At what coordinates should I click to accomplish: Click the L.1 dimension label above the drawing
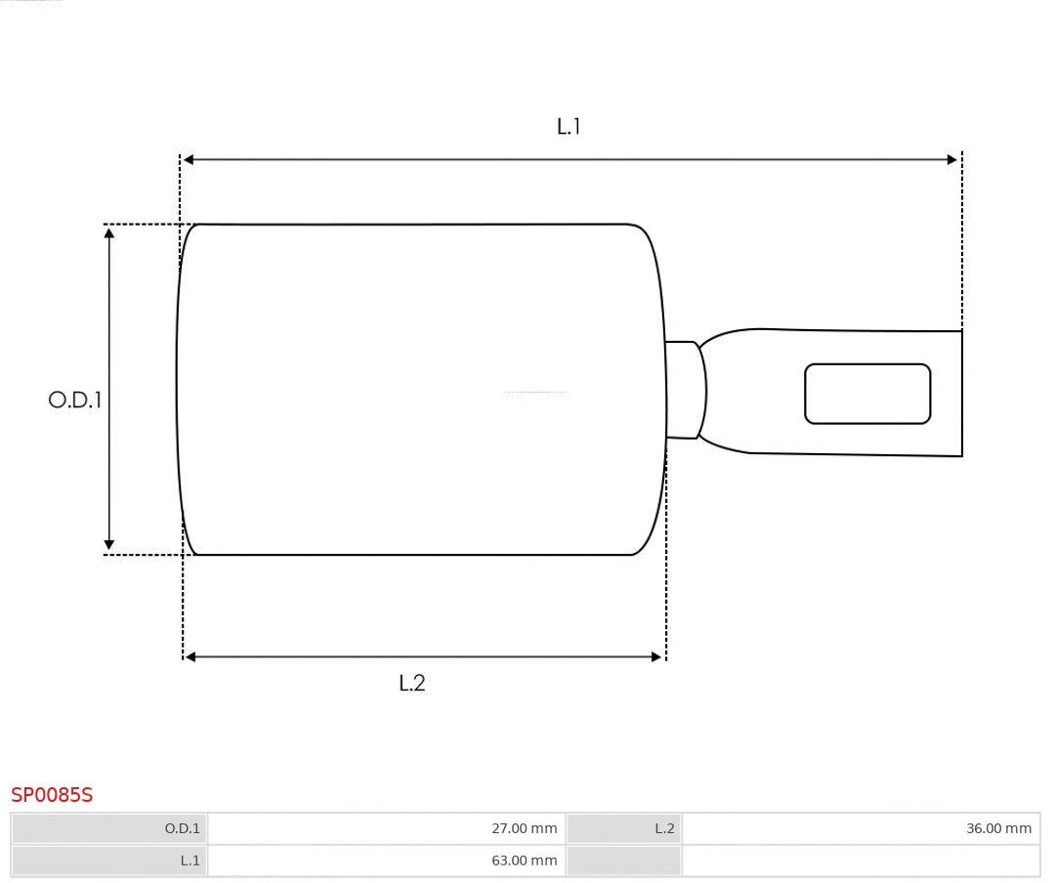[569, 126]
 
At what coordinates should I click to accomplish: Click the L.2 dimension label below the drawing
[412, 683]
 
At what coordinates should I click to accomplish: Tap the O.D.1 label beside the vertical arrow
[75, 399]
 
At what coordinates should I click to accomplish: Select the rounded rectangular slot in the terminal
[867, 394]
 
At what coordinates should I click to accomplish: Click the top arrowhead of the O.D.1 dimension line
[109, 232]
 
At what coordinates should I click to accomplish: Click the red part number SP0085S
[52, 795]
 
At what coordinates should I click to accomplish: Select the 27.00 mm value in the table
[525, 828]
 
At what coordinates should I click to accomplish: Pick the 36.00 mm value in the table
[998, 828]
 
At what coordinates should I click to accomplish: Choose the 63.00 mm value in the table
[525, 861]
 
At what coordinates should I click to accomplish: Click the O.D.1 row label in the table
[182, 828]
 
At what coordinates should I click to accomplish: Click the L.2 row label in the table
[664, 828]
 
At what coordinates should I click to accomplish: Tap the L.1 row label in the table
[190, 861]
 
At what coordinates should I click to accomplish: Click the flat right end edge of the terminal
[962, 394]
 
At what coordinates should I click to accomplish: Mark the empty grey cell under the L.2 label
[623, 861]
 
